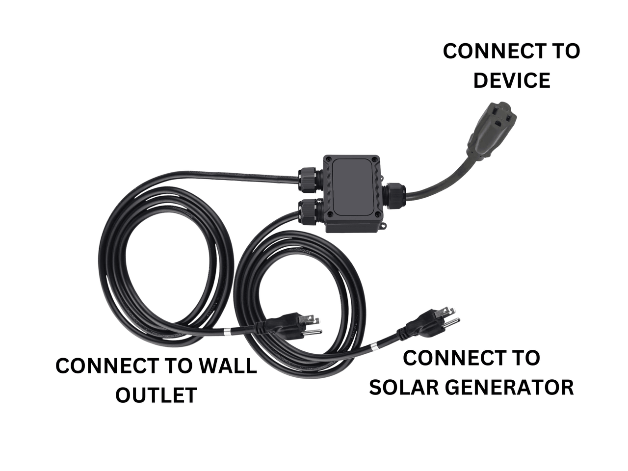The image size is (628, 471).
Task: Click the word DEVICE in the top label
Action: [512, 80]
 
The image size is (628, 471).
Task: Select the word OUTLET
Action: [156, 395]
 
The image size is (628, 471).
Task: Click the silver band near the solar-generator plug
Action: [373, 347]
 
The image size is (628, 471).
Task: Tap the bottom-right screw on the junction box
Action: [377, 214]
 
